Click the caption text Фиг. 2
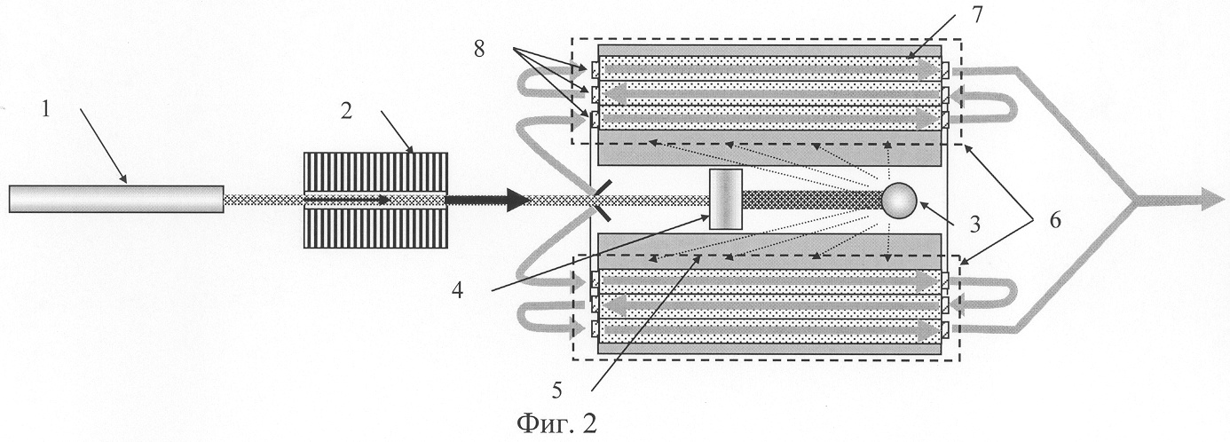pos(557,422)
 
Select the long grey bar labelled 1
pos(115,199)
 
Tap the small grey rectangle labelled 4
pos(725,200)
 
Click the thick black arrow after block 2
pos(488,201)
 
